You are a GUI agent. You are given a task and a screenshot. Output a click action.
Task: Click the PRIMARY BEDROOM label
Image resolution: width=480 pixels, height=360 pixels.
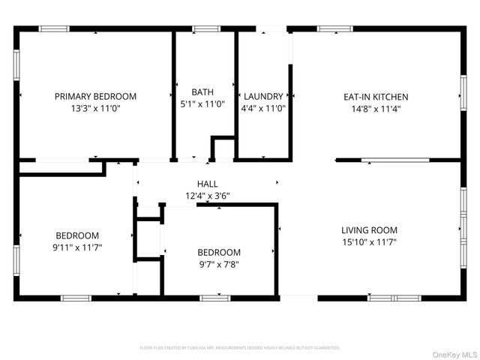(95, 96)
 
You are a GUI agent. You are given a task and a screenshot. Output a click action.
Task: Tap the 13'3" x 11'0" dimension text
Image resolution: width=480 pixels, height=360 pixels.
(95, 108)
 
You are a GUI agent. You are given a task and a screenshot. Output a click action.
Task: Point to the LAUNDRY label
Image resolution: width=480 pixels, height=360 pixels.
(263, 96)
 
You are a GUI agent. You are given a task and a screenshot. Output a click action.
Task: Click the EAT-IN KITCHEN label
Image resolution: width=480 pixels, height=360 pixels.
(376, 97)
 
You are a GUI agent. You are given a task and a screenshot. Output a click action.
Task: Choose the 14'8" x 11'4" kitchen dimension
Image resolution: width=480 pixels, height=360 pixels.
(376, 108)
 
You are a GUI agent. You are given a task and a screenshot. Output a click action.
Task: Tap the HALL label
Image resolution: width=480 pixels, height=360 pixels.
(208, 184)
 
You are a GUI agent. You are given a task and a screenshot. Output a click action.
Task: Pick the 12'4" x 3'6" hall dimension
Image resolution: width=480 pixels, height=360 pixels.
(208, 196)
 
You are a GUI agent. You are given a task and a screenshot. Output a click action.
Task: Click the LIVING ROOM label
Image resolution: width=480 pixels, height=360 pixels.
(369, 230)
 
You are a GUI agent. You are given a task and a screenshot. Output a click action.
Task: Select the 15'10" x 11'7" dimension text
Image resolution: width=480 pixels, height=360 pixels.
(369, 242)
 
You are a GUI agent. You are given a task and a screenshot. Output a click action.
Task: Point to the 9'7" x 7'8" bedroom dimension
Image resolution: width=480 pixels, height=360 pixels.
(219, 264)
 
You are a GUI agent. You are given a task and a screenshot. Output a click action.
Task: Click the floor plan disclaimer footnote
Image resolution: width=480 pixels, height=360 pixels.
(240, 348)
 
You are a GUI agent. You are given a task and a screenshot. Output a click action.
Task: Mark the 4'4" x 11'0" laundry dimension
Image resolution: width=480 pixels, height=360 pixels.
(263, 108)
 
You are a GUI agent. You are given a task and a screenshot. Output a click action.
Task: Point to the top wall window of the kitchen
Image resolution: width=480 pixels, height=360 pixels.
(334, 29)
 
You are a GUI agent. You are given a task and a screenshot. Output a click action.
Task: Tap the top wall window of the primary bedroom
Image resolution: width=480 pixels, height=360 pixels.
(54, 29)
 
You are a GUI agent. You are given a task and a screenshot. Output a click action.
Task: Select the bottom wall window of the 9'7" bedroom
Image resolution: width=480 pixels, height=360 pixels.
(211, 298)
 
